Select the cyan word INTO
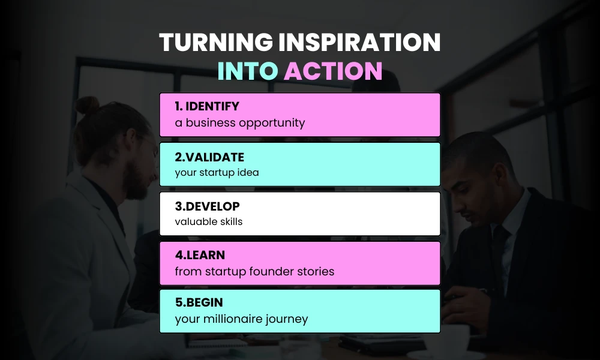pyautogui.click(x=247, y=71)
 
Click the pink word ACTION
pyautogui.click(x=333, y=71)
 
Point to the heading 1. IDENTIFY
pyautogui.click(x=207, y=107)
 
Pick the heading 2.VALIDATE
pyautogui.click(x=209, y=157)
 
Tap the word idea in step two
pyautogui.click(x=247, y=173)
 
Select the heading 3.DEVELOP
pyautogui.click(x=208, y=206)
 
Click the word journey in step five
pyautogui.click(x=287, y=319)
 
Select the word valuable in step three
pyautogui.click(x=194, y=222)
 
